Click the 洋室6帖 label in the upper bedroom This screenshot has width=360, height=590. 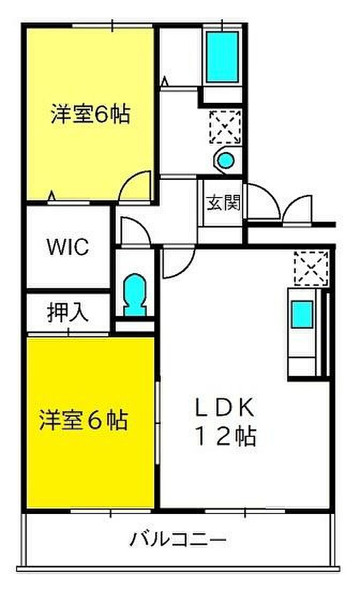[x=90, y=115]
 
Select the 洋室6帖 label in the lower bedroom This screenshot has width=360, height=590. [x=83, y=420]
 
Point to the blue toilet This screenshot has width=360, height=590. [x=134, y=296]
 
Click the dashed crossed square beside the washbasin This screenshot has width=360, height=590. [x=225, y=126]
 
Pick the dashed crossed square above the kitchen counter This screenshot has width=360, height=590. [x=310, y=267]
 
